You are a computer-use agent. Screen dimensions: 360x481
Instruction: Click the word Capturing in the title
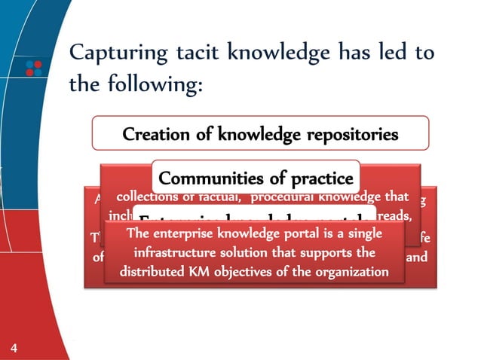coord(113,55)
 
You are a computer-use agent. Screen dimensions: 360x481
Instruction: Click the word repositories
coord(350,136)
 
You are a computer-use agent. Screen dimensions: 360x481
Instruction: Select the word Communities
coord(205,178)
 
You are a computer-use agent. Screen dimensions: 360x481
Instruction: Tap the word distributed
coord(155,270)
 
